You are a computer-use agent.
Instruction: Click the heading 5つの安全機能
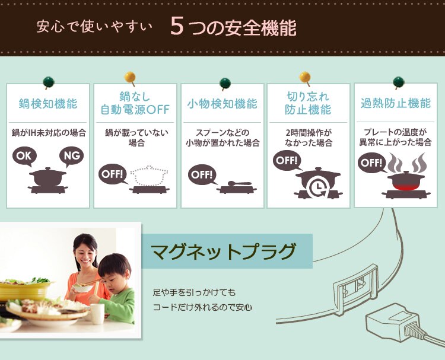click(233, 27)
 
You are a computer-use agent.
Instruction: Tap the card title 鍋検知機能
click(48, 104)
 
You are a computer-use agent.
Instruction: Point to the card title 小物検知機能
click(222, 104)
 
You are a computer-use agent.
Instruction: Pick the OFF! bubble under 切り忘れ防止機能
click(287, 160)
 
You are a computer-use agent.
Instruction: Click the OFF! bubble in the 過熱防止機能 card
click(371, 162)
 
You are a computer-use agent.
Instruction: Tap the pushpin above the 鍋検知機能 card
click(47, 81)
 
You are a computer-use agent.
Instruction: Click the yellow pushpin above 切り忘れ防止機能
click(305, 77)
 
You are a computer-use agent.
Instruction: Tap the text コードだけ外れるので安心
click(202, 307)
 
